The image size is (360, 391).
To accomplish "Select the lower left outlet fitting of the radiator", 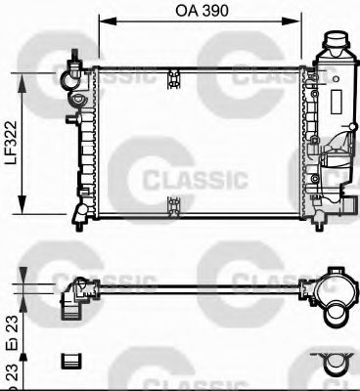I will click(75, 212).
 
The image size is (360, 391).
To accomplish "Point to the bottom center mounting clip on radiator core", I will click(173, 204).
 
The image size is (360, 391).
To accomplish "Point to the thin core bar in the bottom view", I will click(196, 285).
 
